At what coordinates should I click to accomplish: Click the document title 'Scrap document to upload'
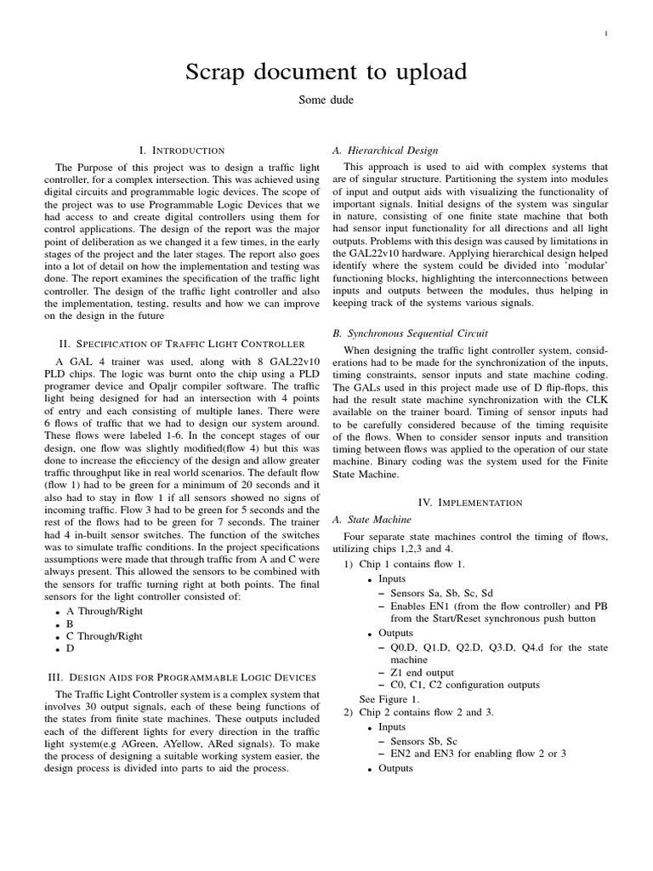click(326, 72)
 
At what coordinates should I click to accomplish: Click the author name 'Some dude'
click(326, 100)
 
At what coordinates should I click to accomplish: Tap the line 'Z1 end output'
click(423, 672)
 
